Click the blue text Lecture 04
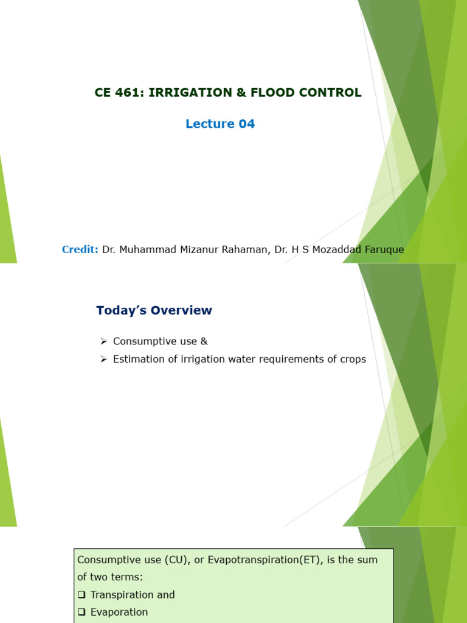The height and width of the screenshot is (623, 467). [x=220, y=124]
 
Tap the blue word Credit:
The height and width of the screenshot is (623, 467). [x=80, y=249]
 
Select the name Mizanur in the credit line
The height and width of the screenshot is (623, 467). [x=199, y=249]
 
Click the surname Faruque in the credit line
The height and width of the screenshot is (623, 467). [x=384, y=250]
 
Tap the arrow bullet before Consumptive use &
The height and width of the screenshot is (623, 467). [x=104, y=341]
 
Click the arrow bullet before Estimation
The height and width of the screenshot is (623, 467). [x=104, y=359]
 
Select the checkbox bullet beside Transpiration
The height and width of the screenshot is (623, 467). [x=81, y=595]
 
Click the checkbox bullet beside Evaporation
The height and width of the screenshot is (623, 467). [x=81, y=612]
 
